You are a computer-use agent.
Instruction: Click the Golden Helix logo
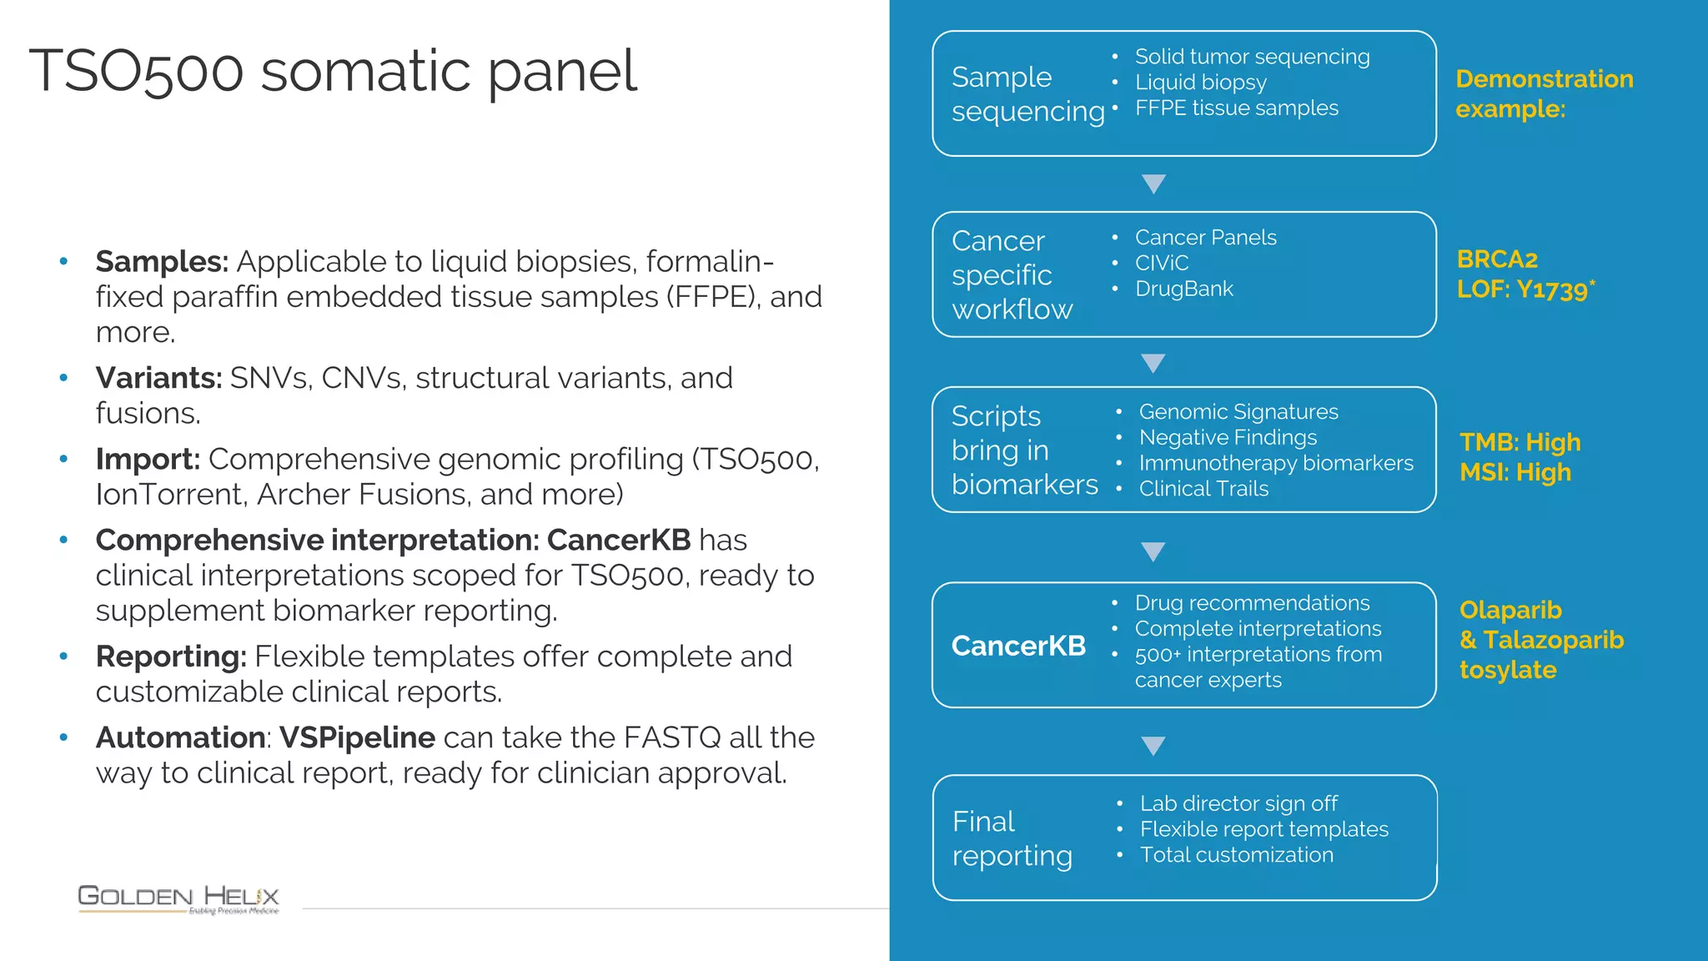[x=178, y=898]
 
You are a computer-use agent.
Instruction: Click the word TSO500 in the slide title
[x=136, y=72]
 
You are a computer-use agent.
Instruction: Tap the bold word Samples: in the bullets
[x=162, y=262]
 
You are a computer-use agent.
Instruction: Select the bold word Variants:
[x=158, y=379]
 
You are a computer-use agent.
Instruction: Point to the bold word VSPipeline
[x=357, y=737]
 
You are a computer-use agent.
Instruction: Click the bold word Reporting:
[x=171, y=657]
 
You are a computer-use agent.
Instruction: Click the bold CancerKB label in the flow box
[x=1018, y=646]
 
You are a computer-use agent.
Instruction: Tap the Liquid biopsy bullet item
[x=1200, y=83]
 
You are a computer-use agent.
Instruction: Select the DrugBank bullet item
[x=1183, y=289]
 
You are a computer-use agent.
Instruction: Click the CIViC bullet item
[x=1161, y=263]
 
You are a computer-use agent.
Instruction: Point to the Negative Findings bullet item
[x=1228, y=437]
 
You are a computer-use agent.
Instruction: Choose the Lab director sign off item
[x=1238, y=803]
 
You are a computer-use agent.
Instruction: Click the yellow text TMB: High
[x=1520, y=442]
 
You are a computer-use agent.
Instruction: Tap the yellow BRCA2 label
[x=1497, y=259]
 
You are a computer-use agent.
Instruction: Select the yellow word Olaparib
[x=1510, y=610]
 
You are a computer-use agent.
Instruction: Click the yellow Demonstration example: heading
[x=1544, y=93]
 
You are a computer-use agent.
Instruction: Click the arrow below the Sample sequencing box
[x=1153, y=184]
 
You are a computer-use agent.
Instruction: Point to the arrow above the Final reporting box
[x=1153, y=745]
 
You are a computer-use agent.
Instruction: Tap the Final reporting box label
[x=1012, y=838]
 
